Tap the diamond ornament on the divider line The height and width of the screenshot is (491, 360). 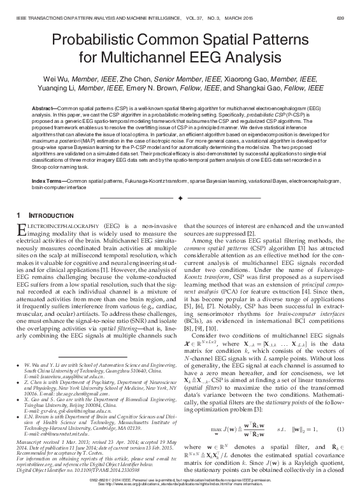click(x=180, y=199)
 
